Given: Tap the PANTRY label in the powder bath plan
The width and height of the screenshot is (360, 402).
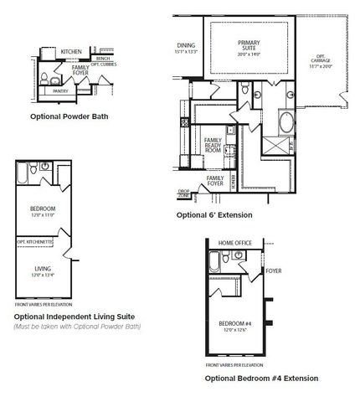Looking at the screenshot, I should coord(60,90).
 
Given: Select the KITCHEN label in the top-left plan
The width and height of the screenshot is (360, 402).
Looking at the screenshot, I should coord(71,52).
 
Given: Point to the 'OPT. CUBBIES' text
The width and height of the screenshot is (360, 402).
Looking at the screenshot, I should coord(108,65).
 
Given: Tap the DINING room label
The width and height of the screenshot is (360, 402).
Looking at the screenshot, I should coord(186,47).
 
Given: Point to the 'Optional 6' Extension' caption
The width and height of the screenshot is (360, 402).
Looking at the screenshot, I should coord(214,214).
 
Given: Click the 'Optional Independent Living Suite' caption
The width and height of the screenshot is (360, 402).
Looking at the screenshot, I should coord(74,317).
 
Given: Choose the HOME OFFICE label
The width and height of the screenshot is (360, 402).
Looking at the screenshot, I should coord(234,242).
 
